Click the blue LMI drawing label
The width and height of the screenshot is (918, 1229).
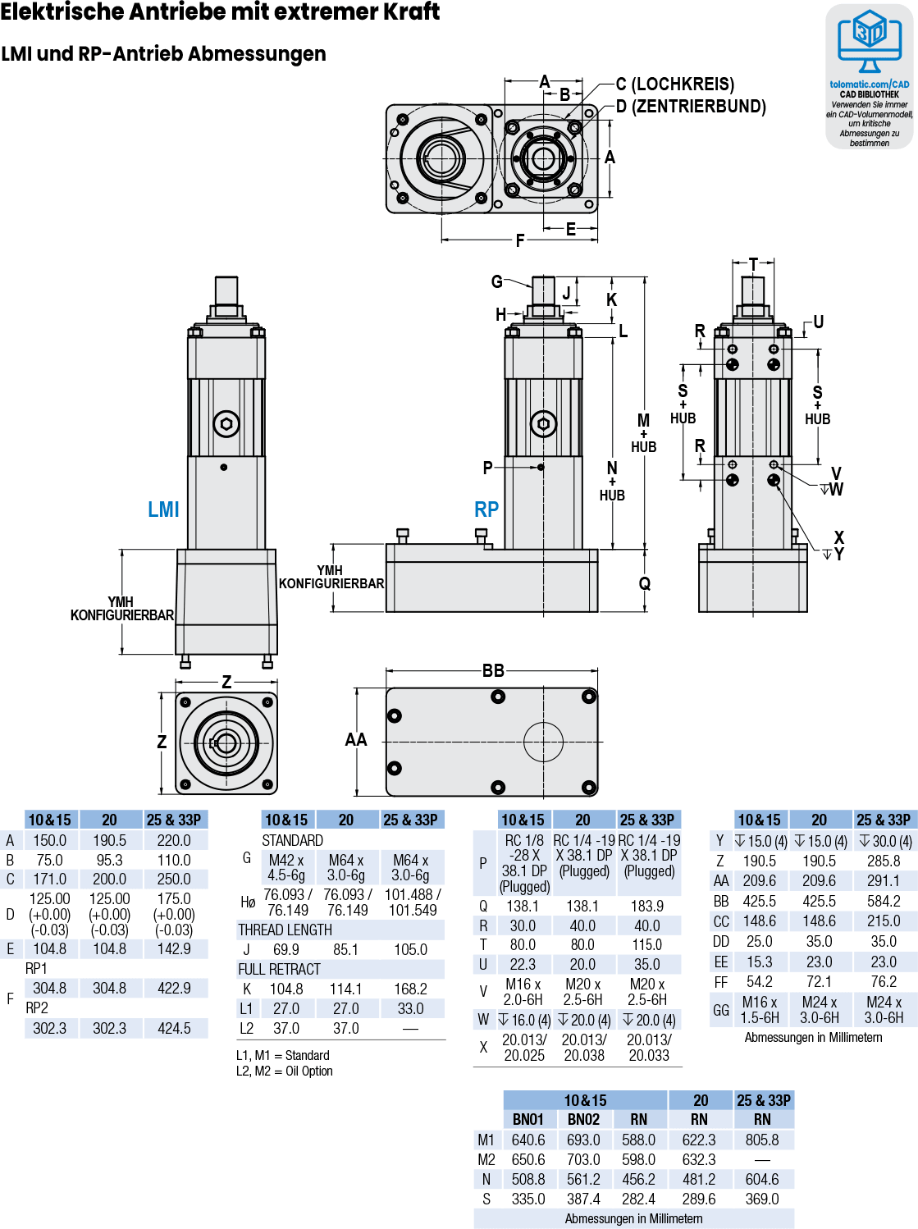point(163,509)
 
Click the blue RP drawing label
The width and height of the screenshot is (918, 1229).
point(486,509)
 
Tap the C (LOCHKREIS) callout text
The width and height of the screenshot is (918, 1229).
point(675,85)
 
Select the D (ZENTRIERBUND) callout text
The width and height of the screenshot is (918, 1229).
point(691,107)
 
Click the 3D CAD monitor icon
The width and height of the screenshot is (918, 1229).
point(870,42)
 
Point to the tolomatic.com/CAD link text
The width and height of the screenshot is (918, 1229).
point(870,85)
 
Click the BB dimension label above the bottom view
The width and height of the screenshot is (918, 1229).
point(493,671)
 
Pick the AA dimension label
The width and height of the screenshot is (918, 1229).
point(356,740)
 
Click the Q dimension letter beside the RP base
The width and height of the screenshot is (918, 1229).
point(645,584)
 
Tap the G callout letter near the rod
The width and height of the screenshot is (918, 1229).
point(497,282)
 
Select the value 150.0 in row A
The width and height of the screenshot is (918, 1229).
point(50,841)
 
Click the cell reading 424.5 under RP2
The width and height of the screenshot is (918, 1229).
point(174,1028)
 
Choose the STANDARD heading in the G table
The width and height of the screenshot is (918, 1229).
point(293,841)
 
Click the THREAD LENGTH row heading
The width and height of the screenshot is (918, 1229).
point(285,930)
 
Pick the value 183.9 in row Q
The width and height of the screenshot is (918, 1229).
point(647,906)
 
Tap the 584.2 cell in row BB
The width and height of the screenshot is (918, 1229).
point(884,901)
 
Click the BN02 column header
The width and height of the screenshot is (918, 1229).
point(583,1120)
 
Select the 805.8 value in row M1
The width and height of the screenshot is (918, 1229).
point(762,1140)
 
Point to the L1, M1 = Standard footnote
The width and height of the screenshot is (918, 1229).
point(283,1055)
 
